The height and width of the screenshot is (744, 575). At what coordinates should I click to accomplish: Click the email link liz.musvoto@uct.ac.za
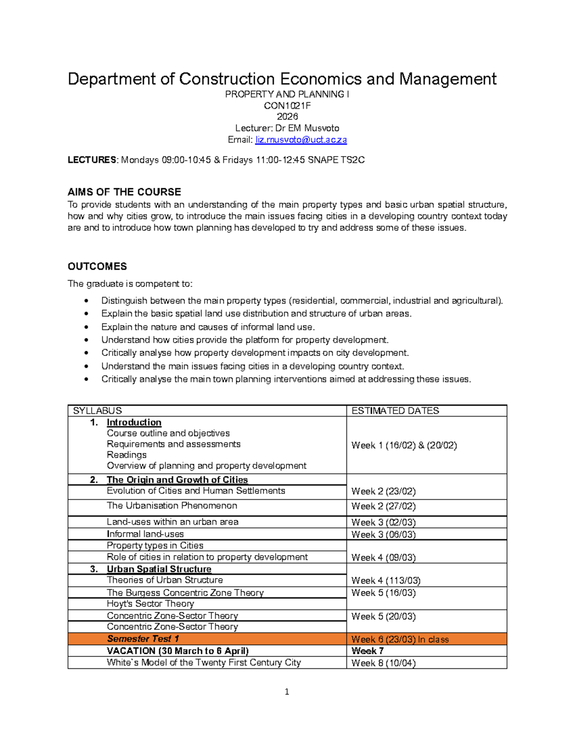tap(301, 140)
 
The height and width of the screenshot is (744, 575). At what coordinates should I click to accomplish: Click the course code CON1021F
tap(287, 105)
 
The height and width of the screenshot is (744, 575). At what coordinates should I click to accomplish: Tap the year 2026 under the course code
tap(287, 116)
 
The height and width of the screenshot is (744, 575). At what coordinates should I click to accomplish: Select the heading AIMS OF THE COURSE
tap(124, 192)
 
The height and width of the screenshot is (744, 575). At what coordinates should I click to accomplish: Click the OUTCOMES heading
tap(97, 266)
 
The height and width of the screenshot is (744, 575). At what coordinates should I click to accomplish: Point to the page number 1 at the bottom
tap(287, 691)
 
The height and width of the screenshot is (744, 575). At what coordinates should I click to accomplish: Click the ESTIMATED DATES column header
tap(395, 411)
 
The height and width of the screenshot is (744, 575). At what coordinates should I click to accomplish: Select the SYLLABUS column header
tap(97, 411)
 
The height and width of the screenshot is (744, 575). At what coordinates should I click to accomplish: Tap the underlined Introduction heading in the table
tap(134, 422)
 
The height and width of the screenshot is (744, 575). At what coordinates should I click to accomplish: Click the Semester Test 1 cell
tap(143, 639)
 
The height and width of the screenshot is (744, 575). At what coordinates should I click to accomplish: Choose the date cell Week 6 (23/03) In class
tap(400, 639)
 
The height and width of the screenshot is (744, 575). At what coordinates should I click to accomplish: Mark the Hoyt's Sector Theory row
tap(150, 604)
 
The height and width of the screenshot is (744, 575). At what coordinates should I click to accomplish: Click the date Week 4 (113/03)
tap(386, 580)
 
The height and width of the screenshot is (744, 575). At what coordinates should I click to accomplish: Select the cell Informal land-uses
tap(145, 534)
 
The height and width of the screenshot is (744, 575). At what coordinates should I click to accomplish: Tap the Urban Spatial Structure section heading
tap(159, 569)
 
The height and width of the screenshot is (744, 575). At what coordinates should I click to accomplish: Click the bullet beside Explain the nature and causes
tap(86, 327)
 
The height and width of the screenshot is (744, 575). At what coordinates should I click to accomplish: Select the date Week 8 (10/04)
tap(383, 663)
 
